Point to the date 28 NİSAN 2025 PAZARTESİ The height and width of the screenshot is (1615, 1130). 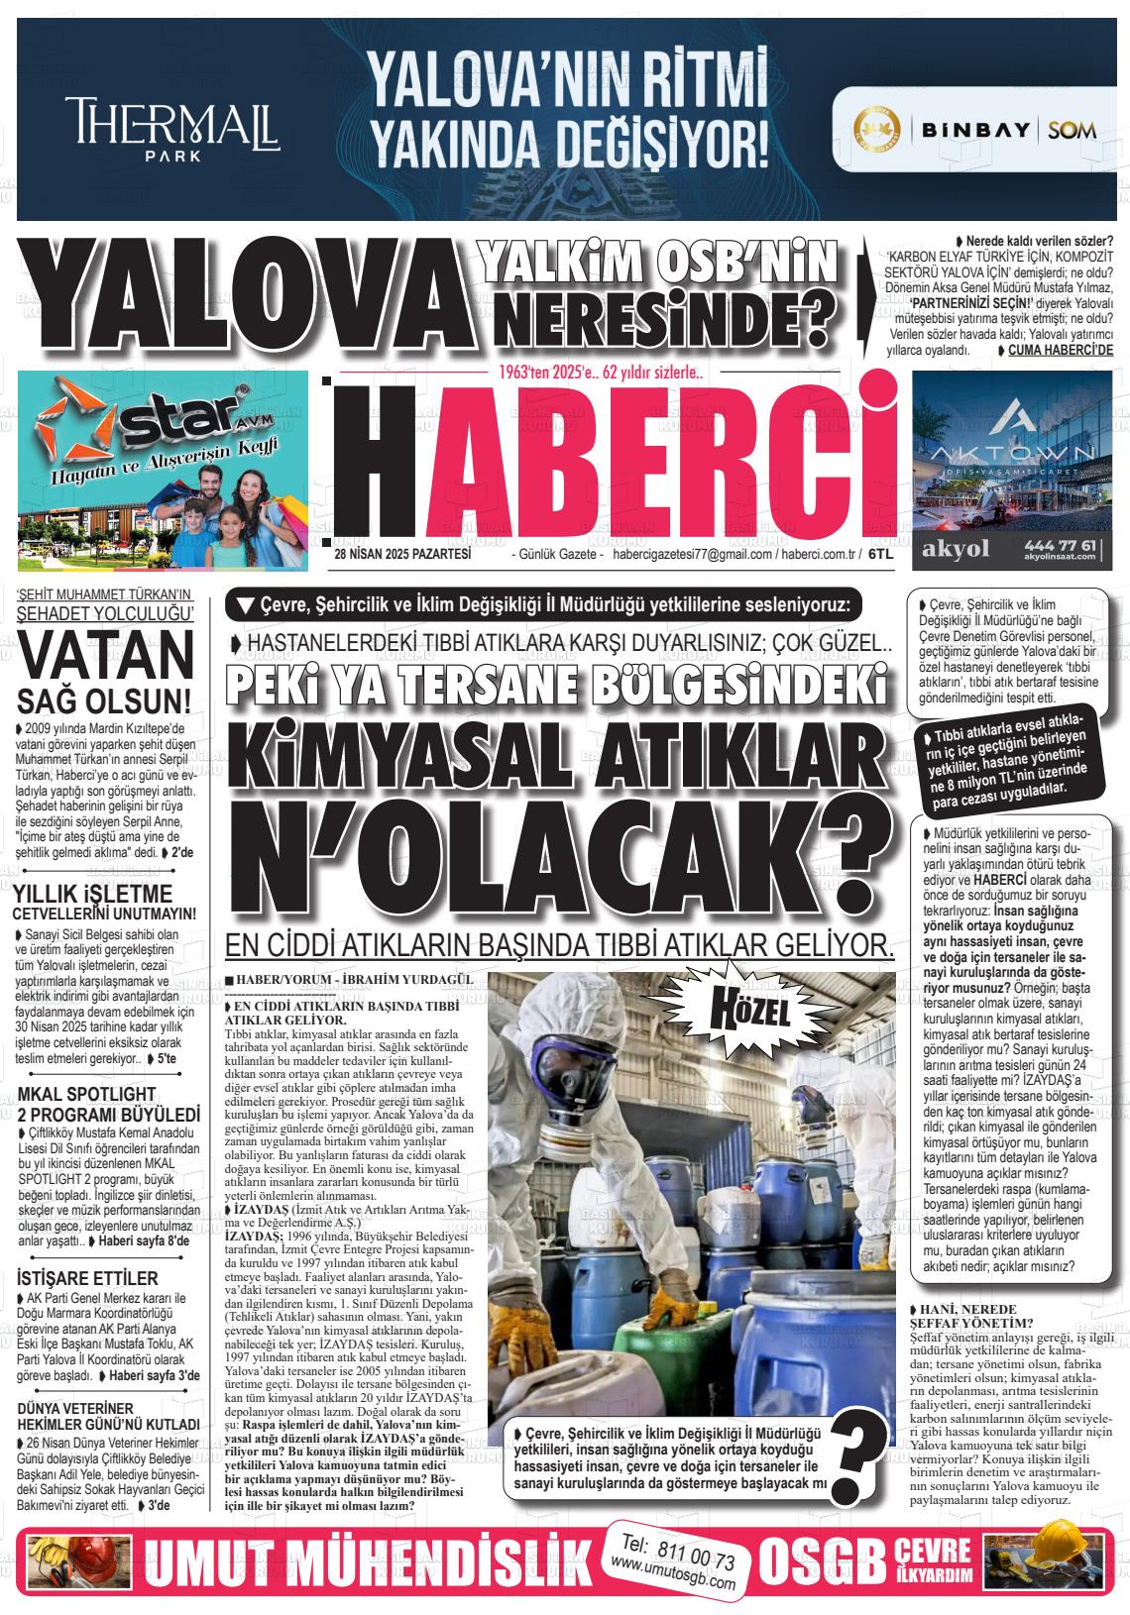[x=402, y=555]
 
